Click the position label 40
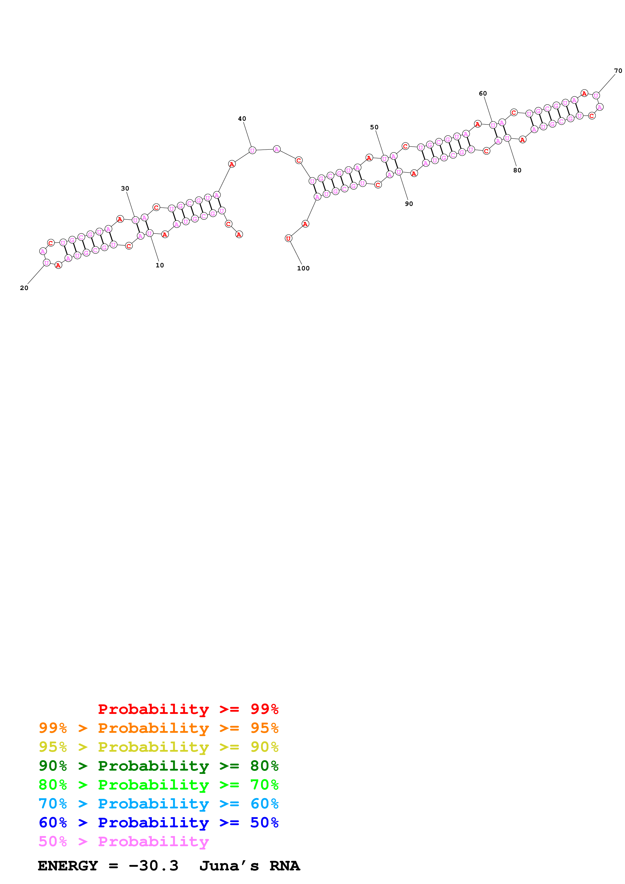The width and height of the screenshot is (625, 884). pos(242,119)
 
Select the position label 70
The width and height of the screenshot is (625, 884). pos(618,71)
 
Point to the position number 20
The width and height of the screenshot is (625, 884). pos(24,288)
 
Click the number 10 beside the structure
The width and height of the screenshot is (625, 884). pos(159,265)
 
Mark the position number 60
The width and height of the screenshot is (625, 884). pos(483,93)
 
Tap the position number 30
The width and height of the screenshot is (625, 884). pos(125,189)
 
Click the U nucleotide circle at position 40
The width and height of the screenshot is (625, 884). pos(252,150)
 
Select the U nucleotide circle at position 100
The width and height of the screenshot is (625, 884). pos(288,239)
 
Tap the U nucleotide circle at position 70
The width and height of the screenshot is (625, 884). pos(596,96)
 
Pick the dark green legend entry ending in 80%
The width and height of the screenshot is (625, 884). pos(158,766)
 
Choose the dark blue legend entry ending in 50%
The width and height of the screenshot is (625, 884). pos(158,823)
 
